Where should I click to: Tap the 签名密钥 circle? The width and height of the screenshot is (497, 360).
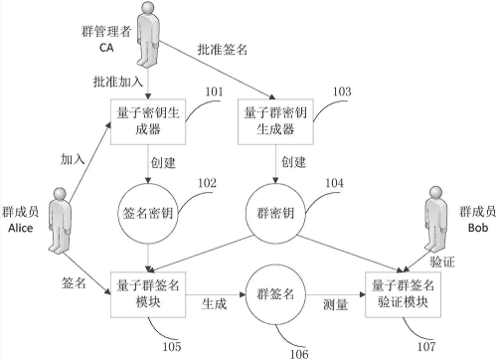point(148,211)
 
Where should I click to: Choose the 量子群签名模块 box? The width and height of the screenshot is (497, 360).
point(148,294)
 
